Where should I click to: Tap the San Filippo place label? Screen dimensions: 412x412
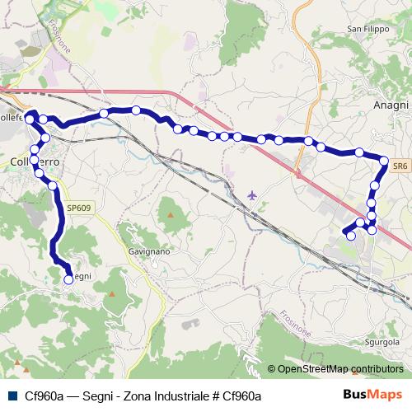pyautogui.click(x=367, y=29)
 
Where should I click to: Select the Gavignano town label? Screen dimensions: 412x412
pyautogui.click(x=149, y=250)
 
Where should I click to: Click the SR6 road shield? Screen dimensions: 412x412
pyautogui.click(x=400, y=166)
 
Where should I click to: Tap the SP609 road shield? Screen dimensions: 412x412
pyautogui.click(x=79, y=208)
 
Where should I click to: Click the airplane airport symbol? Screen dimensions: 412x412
pyautogui.click(x=251, y=195)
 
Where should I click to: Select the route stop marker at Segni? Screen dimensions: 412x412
pyautogui.click(x=68, y=279)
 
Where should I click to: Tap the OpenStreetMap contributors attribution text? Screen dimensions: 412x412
pyautogui.click(x=340, y=369)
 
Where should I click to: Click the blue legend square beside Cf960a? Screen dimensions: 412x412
pyautogui.click(x=11, y=396)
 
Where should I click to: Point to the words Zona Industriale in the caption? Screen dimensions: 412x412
pyautogui.click(x=164, y=396)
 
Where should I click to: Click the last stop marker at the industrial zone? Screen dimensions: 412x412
pyautogui.click(x=351, y=236)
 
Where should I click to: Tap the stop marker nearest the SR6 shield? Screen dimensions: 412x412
pyautogui.click(x=384, y=160)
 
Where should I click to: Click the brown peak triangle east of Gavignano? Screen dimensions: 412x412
pyautogui.click(x=171, y=214)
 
